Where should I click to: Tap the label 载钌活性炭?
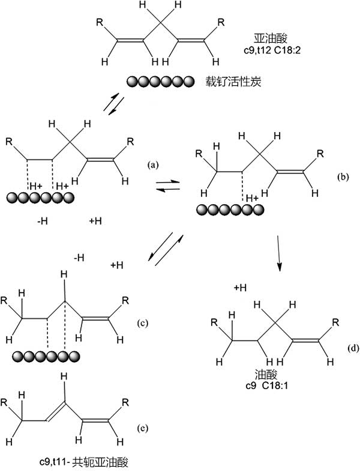coord(233,81)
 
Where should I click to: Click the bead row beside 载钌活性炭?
coord(160,81)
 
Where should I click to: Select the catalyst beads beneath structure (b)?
coord(230,209)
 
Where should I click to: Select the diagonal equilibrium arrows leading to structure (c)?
coord(164,249)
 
